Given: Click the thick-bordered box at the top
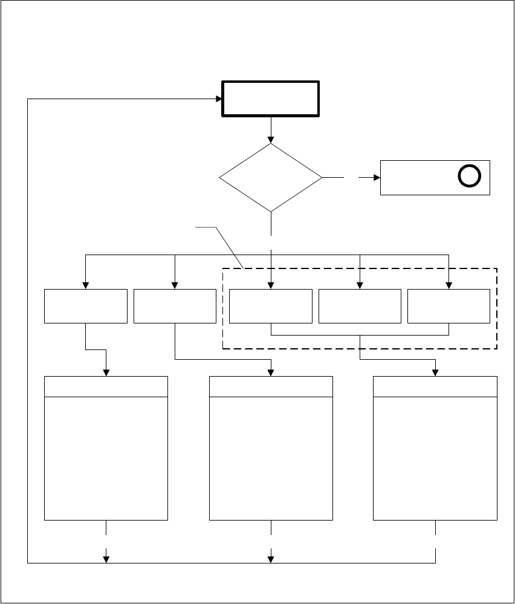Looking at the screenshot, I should (x=271, y=99).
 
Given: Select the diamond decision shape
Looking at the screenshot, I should (x=271, y=178).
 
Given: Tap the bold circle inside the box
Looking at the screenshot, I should (x=468, y=177).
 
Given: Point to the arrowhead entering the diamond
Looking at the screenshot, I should (x=271, y=139).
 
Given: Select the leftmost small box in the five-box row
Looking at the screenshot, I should (x=86, y=306).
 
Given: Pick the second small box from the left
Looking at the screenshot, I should (x=175, y=306).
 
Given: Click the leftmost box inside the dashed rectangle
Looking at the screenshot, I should (x=271, y=306).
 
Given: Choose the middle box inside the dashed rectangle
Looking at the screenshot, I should (x=360, y=306).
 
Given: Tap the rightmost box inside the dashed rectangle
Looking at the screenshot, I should (x=449, y=306).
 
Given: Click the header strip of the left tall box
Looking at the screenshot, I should (x=106, y=387).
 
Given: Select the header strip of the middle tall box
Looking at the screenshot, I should (x=271, y=387).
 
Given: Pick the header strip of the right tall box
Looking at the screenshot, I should (x=435, y=387).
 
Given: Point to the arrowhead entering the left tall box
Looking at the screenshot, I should (x=106, y=372).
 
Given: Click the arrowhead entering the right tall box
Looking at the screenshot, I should (x=435, y=372).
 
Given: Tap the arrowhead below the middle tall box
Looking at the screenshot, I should (x=271, y=558).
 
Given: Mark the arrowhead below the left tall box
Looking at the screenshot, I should (x=106, y=558).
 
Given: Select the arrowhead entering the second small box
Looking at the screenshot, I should (x=175, y=285).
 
